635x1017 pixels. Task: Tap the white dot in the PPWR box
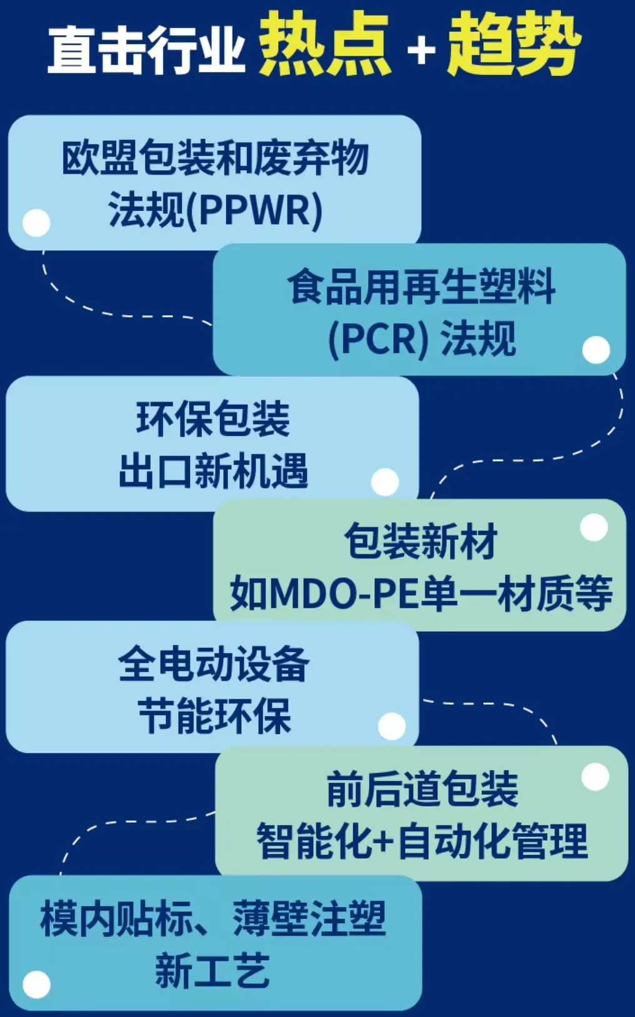pyautogui.click(x=36, y=223)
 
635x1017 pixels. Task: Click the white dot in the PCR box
pyautogui.click(x=596, y=350)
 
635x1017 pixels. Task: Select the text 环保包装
pyautogui.click(x=213, y=418)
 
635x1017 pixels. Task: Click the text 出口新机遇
pyautogui.click(x=213, y=470)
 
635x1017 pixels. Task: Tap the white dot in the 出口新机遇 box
pyautogui.click(x=385, y=482)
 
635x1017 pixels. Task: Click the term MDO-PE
pyautogui.click(x=344, y=594)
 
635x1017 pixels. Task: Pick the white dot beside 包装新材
pyautogui.click(x=594, y=528)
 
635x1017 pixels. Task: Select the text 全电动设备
pyautogui.click(x=213, y=664)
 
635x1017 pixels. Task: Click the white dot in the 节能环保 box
pyautogui.click(x=392, y=726)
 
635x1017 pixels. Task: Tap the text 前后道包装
pyautogui.click(x=422, y=789)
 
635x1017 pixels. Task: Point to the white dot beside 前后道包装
pyautogui.click(x=595, y=777)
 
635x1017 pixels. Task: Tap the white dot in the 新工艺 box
pyautogui.click(x=36, y=984)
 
